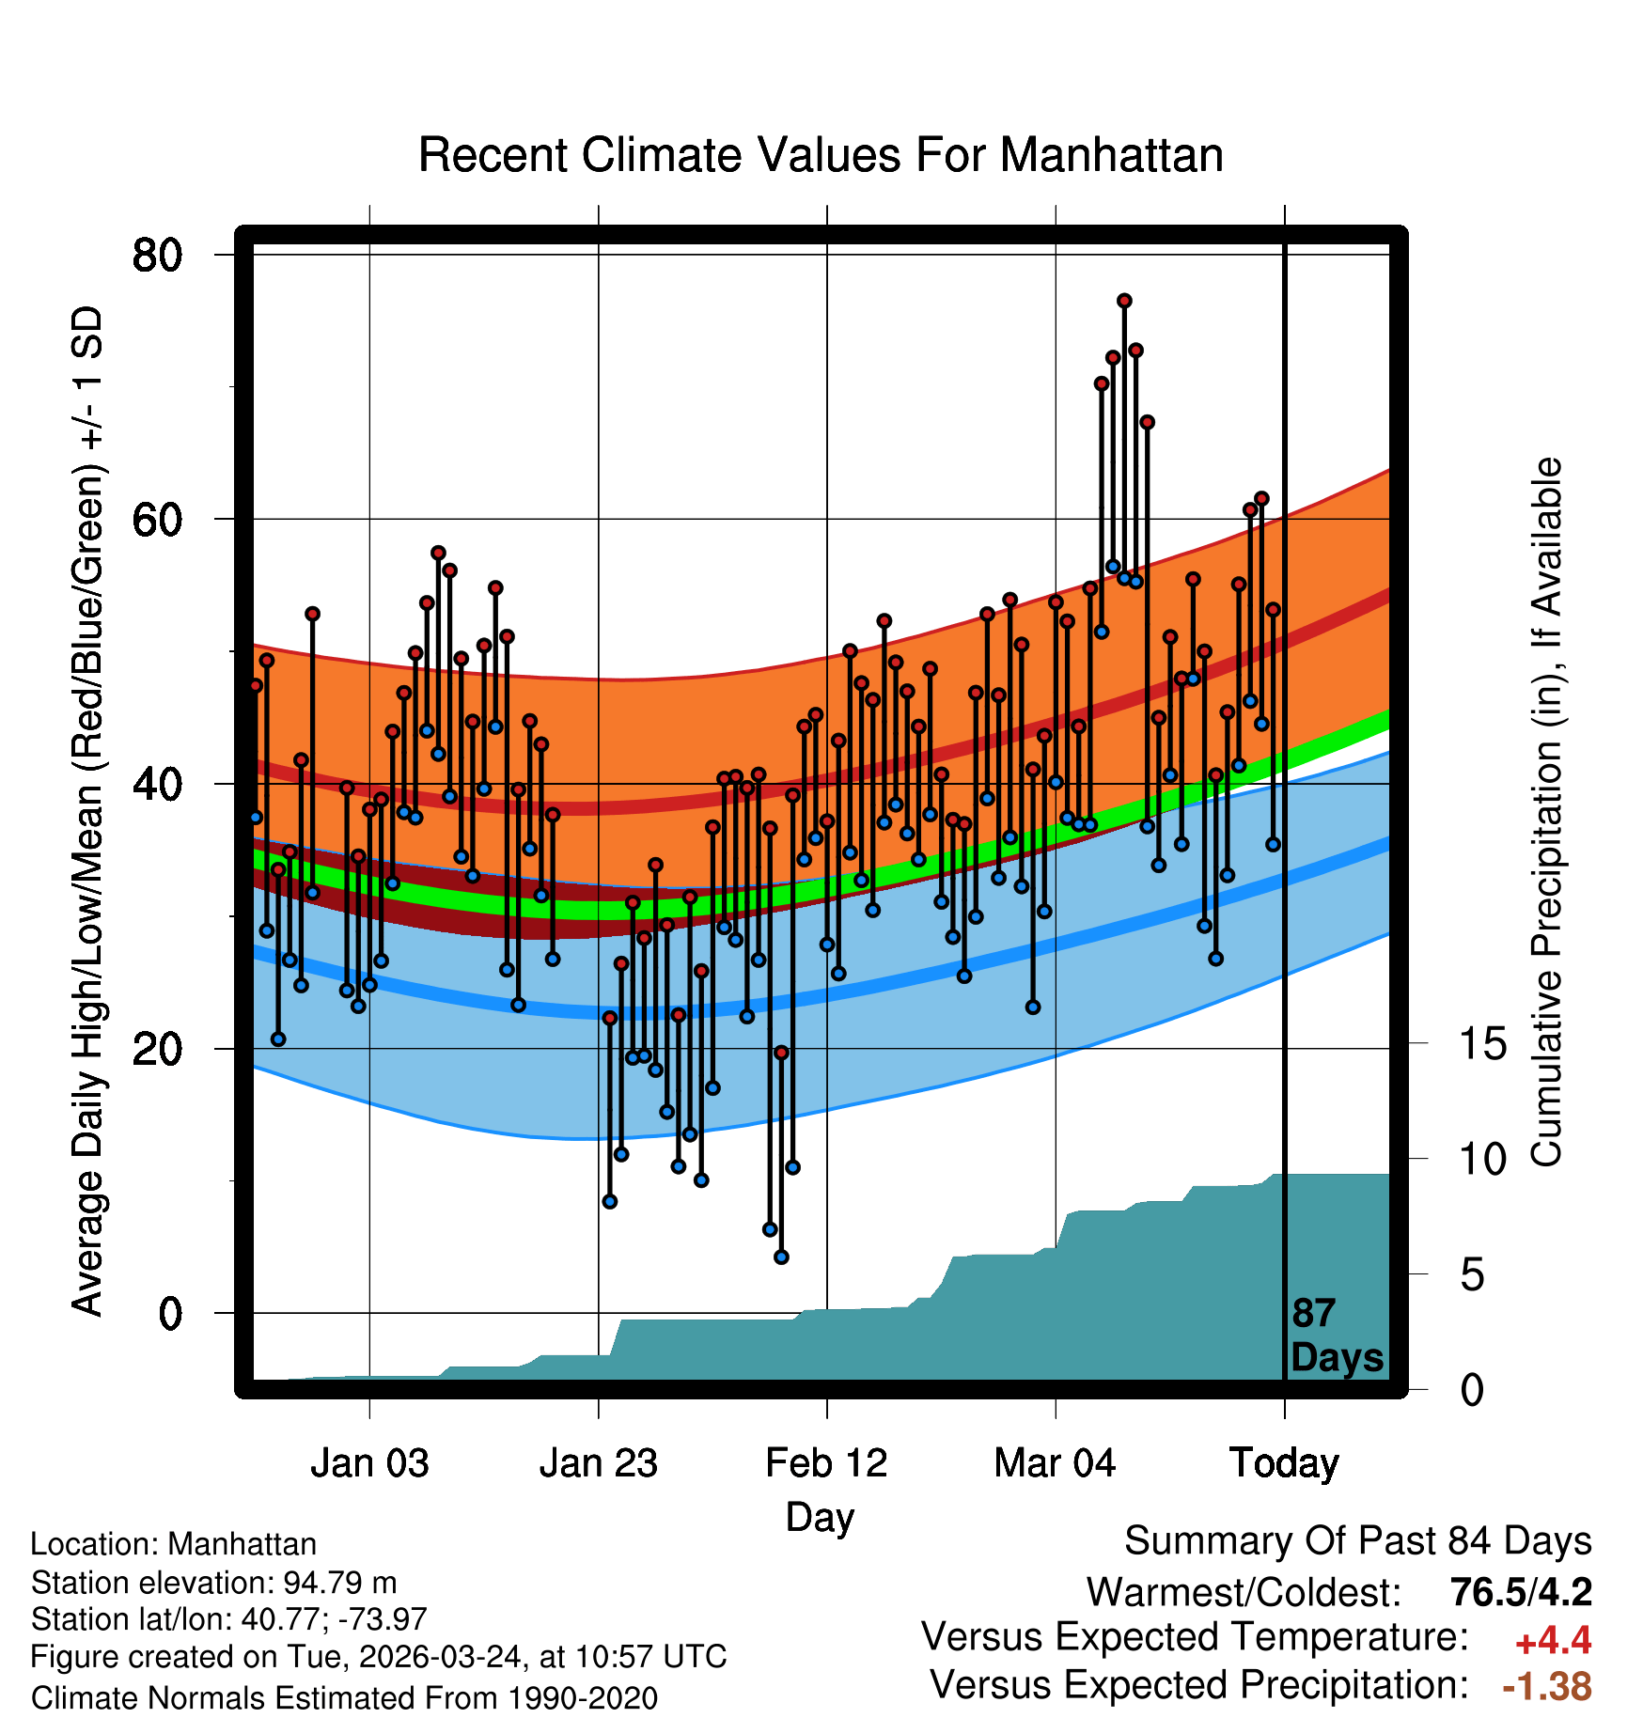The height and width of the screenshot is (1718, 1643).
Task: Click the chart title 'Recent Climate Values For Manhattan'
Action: pyautogui.click(x=821, y=155)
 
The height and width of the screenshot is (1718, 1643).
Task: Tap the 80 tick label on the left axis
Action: pyautogui.click(x=158, y=255)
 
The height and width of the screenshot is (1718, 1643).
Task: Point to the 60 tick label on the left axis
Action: pyautogui.click(x=158, y=519)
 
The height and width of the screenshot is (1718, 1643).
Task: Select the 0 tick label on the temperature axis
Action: pyautogui.click(x=170, y=1313)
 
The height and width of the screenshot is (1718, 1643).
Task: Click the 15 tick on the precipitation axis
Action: pyautogui.click(x=1483, y=1044)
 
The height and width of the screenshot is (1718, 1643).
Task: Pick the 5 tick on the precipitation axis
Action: pyautogui.click(x=1472, y=1275)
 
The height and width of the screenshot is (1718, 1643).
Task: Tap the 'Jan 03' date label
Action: pyautogui.click(x=369, y=1463)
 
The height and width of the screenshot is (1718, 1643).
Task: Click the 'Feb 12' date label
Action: pyautogui.click(x=826, y=1463)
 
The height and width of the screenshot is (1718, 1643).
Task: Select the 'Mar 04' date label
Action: pyautogui.click(x=1055, y=1463)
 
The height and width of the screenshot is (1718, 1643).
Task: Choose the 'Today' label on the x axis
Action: pyautogui.click(x=1284, y=1463)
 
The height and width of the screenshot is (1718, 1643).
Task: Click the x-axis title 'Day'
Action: pyautogui.click(x=821, y=1518)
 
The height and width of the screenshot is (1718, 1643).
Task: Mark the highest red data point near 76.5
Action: pyautogui.click(x=1124, y=301)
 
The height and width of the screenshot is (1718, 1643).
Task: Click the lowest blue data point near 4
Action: pyautogui.click(x=781, y=1257)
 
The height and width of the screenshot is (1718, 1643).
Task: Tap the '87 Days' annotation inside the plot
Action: pyautogui.click(x=1336, y=1335)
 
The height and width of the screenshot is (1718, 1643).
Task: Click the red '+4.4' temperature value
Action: pyautogui.click(x=1553, y=1641)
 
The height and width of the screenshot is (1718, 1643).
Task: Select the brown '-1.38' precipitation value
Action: pyautogui.click(x=1547, y=1686)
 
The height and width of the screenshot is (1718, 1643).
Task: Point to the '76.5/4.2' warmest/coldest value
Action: pyautogui.click(x=1521, y=1592)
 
